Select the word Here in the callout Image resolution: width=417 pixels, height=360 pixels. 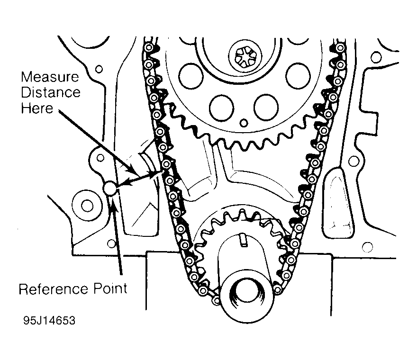[36, 108]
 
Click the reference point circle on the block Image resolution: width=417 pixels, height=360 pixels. [110, 189]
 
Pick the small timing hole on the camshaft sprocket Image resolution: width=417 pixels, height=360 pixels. [244, 123]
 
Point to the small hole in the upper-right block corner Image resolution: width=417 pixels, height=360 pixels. [377, 57]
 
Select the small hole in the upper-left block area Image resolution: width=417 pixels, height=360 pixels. [99, 69]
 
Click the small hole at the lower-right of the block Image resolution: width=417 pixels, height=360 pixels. [366, 247]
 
